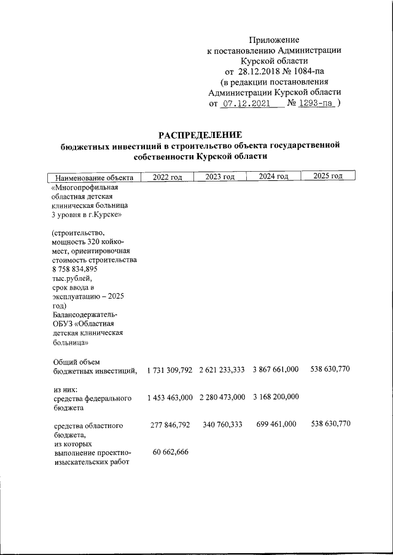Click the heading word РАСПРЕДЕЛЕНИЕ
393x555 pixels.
point(201,134)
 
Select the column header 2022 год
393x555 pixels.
point(168,177)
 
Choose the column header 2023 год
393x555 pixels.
point(220,177)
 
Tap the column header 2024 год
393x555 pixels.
point(273,177)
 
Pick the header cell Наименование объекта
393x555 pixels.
point(94,177)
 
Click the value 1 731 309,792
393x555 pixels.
point(170,370)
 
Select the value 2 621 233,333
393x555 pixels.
point(222,370)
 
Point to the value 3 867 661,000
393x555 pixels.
point(275,370)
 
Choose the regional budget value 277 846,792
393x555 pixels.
point(172,424)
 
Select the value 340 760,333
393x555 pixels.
point(224,424)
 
